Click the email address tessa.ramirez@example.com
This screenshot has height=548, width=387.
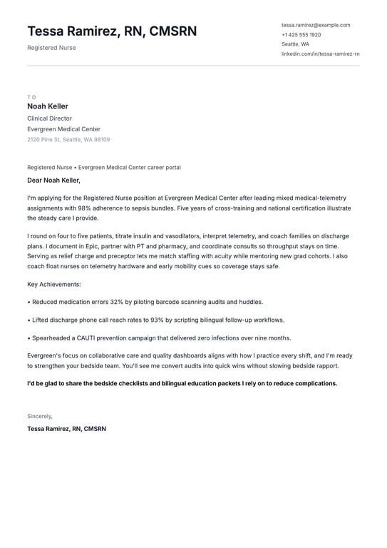[x=316, y=25]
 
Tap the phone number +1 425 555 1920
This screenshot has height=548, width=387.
[x=301, y=34]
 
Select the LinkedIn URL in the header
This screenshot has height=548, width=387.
[x=320, y=54]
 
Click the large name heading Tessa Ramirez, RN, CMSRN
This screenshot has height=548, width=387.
[x=112, y=31]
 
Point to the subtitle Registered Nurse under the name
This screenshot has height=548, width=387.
[x=51, y=48]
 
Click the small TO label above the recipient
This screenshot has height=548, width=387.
[x=31, y=97]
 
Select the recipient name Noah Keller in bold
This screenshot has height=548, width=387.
[x=48, y=106]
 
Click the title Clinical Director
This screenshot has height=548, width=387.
[x=49, y=118]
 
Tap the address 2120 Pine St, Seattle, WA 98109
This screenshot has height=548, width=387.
[x=68, y=140]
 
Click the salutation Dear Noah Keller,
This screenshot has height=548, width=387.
[x=54, y=181]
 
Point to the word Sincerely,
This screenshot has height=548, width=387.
[x=40, y=416]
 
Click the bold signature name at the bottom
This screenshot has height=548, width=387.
[x=66, y=429]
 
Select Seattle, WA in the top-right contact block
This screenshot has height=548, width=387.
[x=295, y=44]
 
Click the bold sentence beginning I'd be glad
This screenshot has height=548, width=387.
[x=182, y=383]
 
